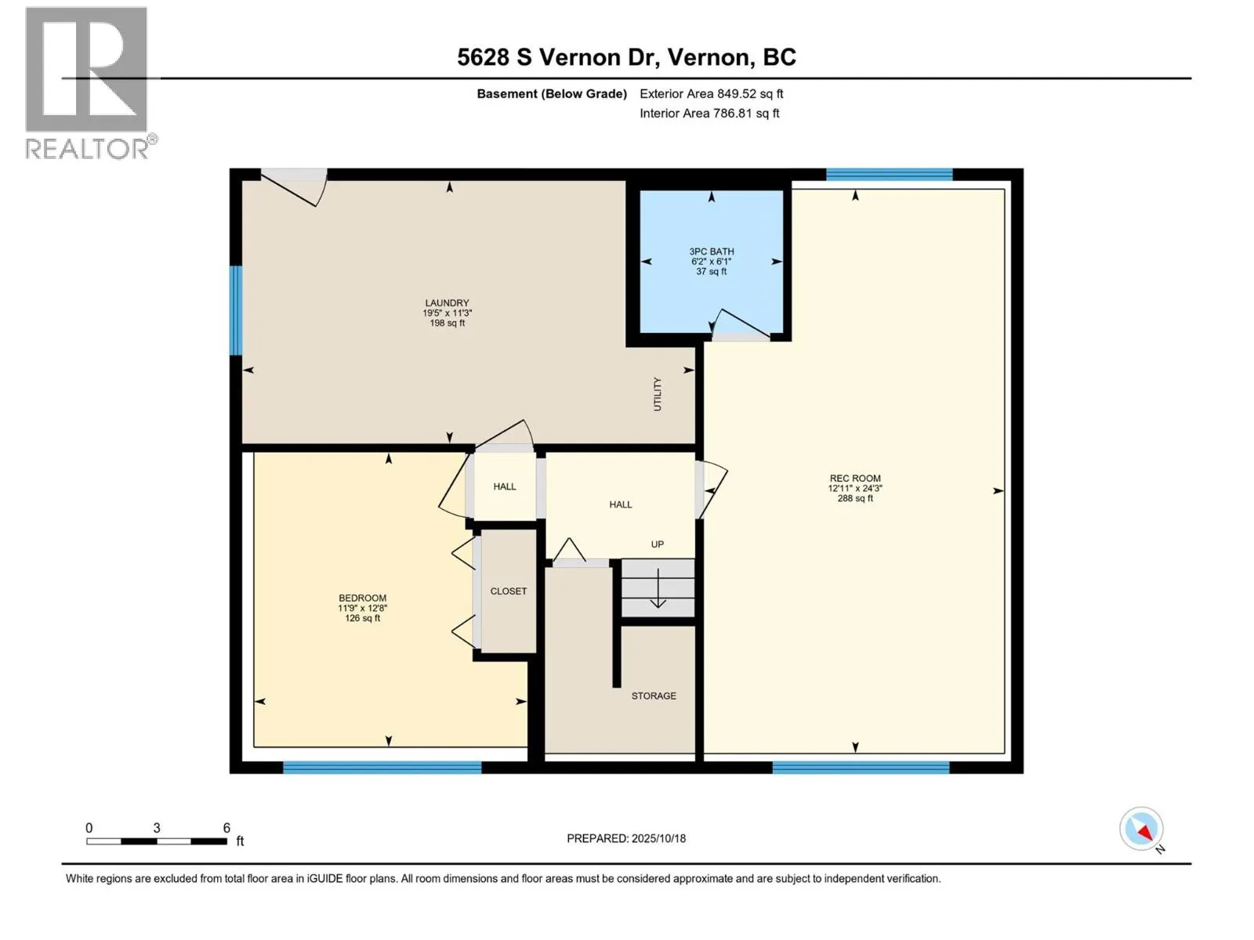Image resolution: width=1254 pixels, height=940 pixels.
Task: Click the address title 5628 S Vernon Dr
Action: coord(626,57)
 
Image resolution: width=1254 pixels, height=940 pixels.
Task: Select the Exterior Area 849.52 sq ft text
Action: coord(711,94)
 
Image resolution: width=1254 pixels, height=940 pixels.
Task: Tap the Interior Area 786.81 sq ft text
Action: coord(709,114)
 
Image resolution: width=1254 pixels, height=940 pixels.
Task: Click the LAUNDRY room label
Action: coord(447,303)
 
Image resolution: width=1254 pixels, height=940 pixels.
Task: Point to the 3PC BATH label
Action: coord(712,252)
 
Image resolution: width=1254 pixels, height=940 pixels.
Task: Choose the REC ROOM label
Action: coord(855,479)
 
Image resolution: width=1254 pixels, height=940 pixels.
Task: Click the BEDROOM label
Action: coord(362,598)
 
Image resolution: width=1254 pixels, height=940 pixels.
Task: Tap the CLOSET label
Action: coord(509,591)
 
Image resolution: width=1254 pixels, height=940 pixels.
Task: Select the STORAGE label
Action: coord(654,696)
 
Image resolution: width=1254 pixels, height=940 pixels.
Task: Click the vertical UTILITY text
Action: coord(658,394)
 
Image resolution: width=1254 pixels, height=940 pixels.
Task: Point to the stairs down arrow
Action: coord(658,589)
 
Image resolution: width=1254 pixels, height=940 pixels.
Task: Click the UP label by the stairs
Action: coord(657,544)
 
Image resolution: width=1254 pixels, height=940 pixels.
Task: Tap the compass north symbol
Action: coord(1142,830)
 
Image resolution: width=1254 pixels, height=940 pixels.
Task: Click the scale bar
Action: coord(157,841)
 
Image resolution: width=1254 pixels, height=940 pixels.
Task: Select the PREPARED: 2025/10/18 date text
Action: coord(626,838)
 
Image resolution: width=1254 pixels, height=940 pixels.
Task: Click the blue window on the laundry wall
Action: coord(236,310)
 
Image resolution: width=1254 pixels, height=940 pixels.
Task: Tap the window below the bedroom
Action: coord(382,767)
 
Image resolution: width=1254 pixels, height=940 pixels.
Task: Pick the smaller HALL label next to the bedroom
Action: coord(505,486)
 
